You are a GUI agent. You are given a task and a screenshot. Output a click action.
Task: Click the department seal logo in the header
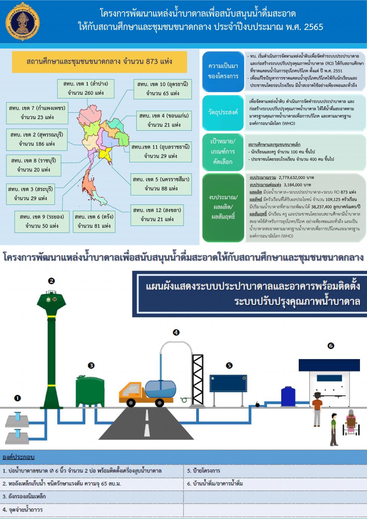click(22, 22)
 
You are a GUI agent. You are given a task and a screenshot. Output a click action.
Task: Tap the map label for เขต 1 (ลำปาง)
click(86, 88)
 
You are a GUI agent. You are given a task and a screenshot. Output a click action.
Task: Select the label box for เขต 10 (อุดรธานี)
click(163, 89)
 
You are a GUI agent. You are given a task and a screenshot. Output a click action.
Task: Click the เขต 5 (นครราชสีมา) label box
click(161, 184)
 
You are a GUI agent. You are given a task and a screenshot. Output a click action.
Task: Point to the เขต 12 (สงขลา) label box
click(157, 215)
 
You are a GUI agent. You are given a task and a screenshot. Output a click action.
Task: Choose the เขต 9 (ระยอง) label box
click(42, 222)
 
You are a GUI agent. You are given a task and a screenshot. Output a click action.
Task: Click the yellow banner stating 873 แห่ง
click(99, 62)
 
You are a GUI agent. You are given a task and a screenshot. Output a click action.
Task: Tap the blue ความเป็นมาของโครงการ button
click(223, 72)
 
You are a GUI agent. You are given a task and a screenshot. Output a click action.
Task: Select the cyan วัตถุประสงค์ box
click(223, 113)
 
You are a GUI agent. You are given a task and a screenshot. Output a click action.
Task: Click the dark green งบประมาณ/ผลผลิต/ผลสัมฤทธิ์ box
click(223, 207)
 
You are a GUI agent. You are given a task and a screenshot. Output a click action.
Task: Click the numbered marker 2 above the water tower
click(51, 281)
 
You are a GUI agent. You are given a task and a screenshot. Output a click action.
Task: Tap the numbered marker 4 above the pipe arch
click(176, 333)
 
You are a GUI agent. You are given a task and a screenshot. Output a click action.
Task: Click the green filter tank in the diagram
click(90, 391)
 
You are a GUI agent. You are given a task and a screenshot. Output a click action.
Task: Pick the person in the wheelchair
click(351, 422)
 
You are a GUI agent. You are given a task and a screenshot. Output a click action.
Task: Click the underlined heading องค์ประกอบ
click(18, 457)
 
